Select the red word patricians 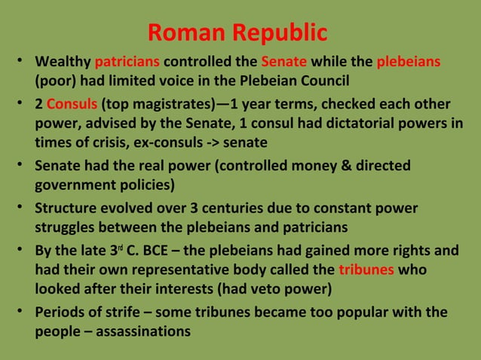tap(127, 61)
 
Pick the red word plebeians tap(409, 61)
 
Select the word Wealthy tap(63, 61)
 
